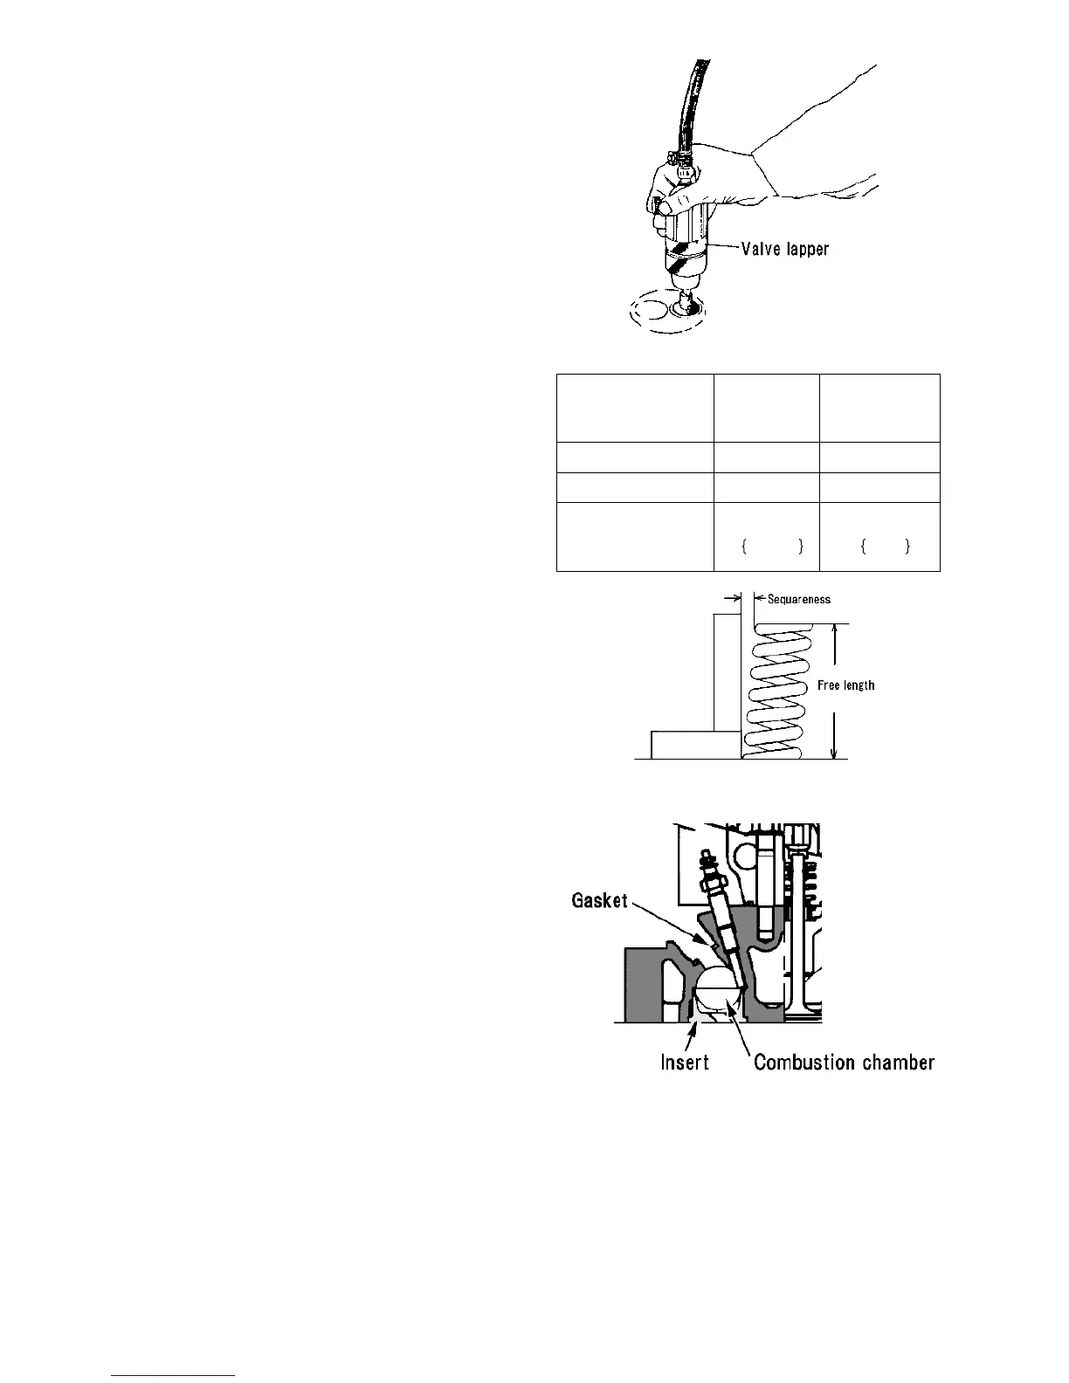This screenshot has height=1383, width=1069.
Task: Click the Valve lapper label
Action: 784,249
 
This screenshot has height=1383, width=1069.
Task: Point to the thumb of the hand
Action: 664,206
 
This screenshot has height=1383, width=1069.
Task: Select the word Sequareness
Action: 798,599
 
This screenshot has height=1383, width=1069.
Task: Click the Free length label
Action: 845,685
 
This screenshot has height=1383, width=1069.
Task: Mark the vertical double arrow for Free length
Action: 836,691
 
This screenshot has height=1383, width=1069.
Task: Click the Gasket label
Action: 599,900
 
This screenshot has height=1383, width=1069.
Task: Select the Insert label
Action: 684,1062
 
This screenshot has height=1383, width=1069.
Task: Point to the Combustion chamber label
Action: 844,1062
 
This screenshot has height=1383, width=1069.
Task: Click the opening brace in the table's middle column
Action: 743,547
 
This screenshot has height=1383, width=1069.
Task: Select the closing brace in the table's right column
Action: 907,547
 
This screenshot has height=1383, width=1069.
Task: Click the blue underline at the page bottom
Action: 174,1375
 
